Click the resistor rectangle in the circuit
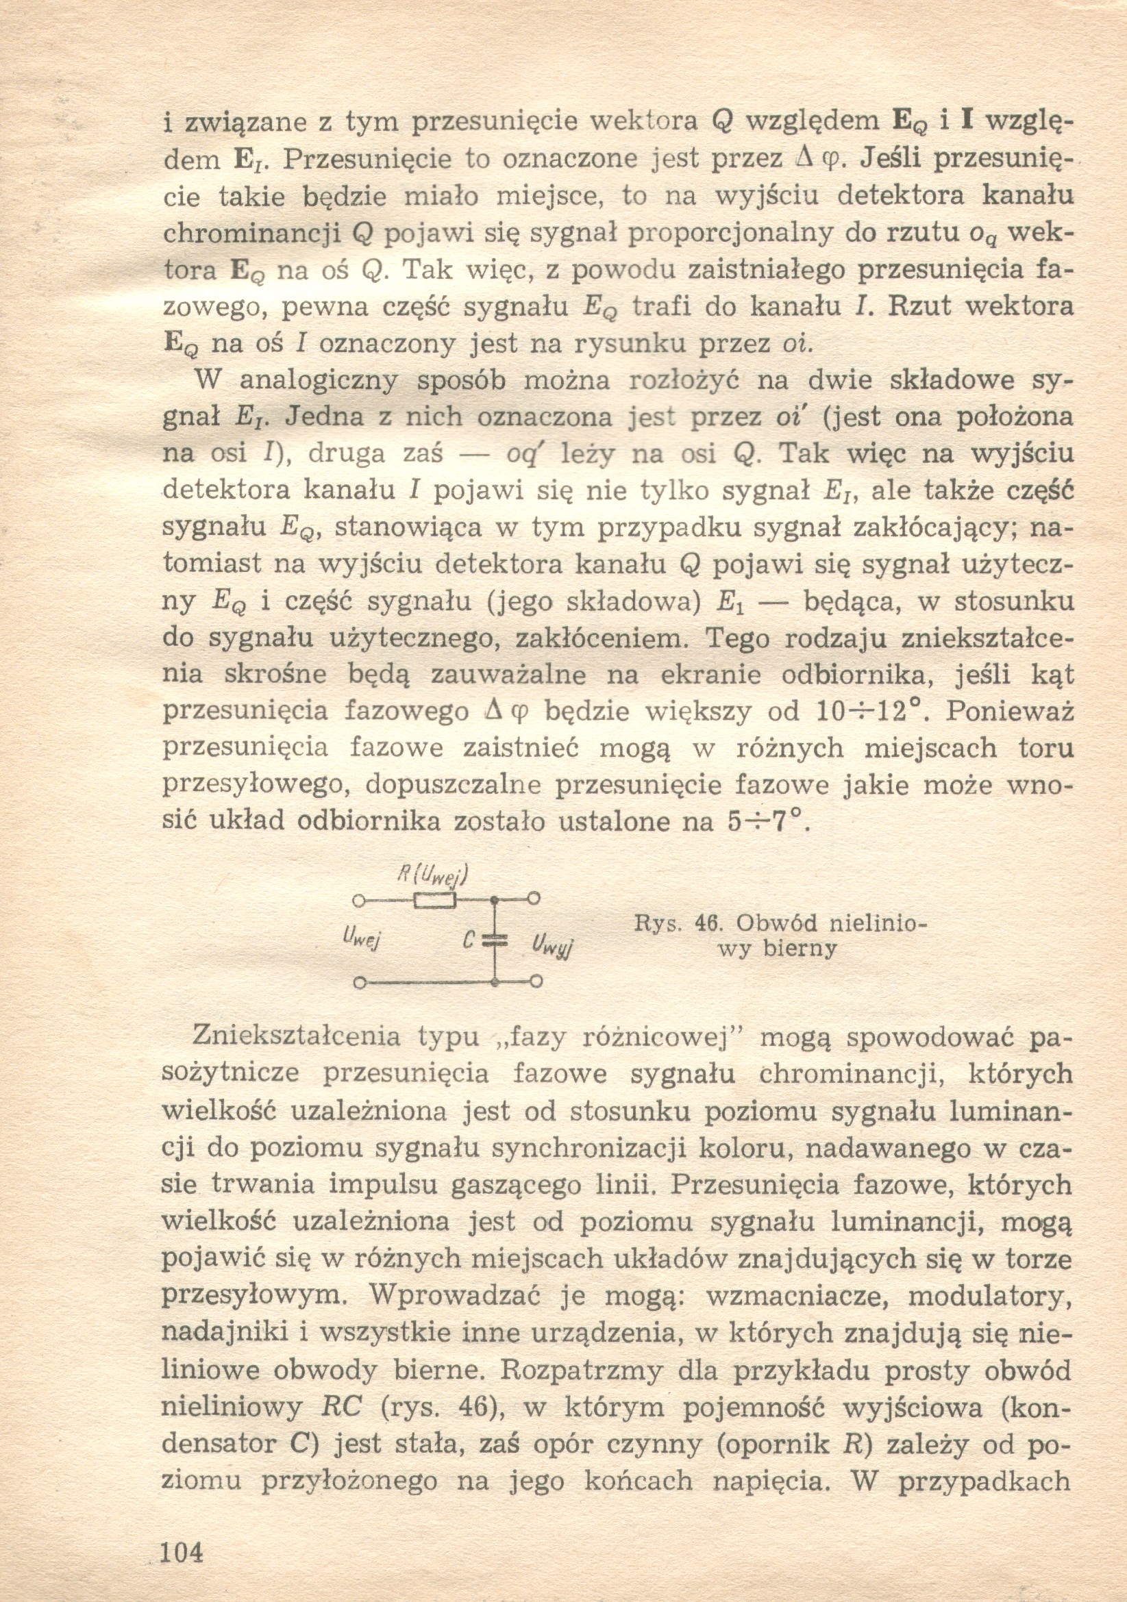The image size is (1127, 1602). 435,901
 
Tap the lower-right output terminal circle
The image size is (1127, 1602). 536,982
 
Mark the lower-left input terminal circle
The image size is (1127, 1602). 359,984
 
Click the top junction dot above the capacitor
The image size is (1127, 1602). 494,900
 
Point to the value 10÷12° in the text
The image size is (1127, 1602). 869,711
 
